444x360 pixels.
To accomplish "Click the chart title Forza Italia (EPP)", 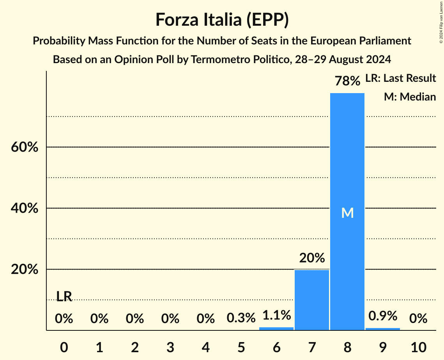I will click(222, 19).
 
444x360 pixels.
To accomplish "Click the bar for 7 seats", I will click(311, 300).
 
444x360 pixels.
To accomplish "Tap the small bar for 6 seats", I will click(276, 328).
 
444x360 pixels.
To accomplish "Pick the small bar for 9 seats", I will click(382, 329).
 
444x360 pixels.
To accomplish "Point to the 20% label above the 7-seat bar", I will click(311, 258).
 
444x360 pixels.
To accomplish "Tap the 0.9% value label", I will click(382, 316).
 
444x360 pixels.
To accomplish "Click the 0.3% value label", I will click(241, 318).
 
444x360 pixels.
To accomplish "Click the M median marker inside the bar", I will click(347, 213).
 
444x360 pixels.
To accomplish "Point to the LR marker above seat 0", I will click(64, 296).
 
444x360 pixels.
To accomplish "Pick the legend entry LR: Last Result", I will click(400, 78).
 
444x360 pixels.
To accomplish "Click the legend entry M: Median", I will click(410, 97).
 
